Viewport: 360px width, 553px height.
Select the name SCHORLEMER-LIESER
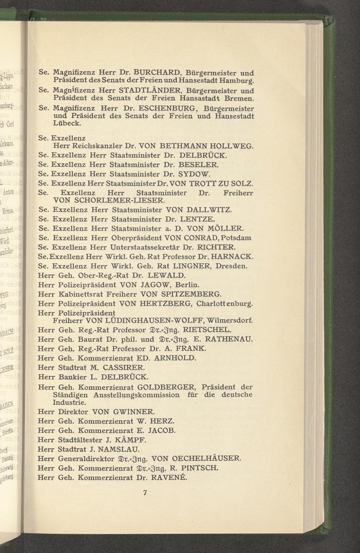click(x=116, y=200)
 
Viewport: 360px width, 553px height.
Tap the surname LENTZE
click(x=198, y=219)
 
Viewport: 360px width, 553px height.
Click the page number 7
click(x=145, y=493)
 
